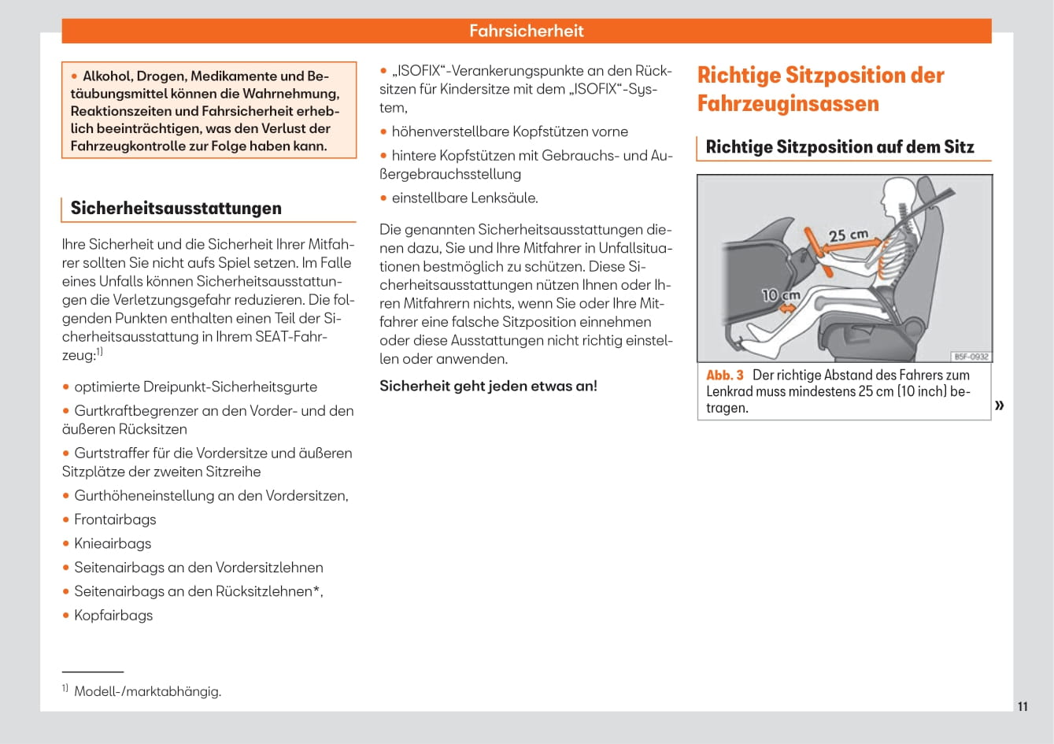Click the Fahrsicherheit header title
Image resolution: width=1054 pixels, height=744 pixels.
526,31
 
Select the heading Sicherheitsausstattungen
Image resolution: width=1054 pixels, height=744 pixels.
176,208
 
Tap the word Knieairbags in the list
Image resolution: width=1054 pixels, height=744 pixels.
113,543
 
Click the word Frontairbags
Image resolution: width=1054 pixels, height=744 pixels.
115,520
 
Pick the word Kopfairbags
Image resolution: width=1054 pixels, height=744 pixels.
113,616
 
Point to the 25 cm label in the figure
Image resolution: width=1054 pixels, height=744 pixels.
848,235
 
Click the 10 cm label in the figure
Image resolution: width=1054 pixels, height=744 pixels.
780,295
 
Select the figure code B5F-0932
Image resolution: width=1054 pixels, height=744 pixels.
971,356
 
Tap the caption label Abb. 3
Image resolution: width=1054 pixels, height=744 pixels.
724,376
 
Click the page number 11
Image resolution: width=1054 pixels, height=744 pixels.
1023,706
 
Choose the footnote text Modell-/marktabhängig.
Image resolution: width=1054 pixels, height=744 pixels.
147,692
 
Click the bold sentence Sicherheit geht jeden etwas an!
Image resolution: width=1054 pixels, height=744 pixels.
488,386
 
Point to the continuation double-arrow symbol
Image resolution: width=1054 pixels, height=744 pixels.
1000,405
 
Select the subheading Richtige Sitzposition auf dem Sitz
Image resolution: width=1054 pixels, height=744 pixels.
839,147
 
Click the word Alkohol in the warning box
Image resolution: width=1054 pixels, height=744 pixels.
106,76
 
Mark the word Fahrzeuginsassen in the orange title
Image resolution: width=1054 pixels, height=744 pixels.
788,104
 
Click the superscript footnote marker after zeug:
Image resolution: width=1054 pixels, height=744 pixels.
99,353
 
